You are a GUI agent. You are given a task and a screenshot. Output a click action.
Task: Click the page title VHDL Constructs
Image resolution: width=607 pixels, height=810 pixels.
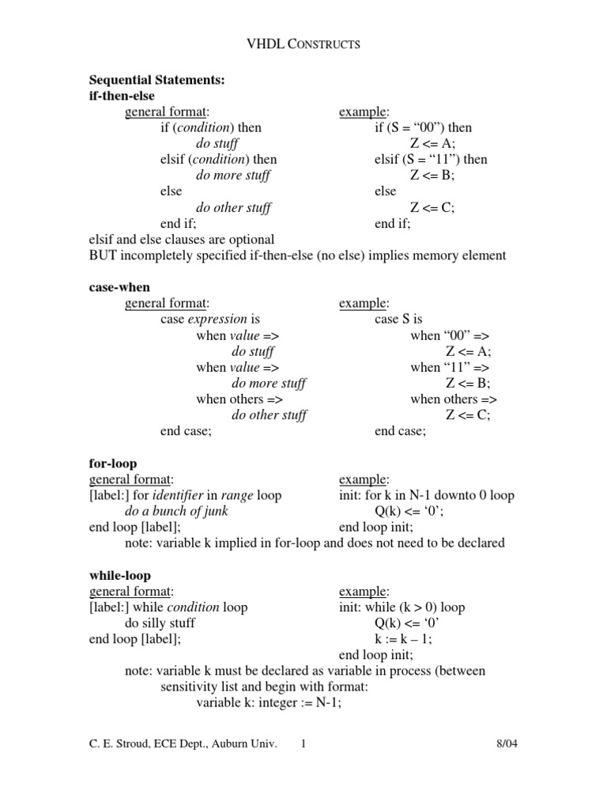tap(304, 44)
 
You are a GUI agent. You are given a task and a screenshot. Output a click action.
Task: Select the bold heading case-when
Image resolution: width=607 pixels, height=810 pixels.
tap(119, 288)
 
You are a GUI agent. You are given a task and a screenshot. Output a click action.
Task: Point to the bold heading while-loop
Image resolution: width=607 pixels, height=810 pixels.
tap(119, 576)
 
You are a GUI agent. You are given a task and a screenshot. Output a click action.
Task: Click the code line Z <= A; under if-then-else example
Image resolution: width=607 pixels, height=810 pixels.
tap(432, 143)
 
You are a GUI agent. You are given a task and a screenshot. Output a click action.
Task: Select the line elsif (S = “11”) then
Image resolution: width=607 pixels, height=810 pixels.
tap(431, 159)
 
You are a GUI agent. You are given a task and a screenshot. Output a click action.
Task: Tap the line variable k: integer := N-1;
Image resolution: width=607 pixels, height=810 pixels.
tap(269, 703)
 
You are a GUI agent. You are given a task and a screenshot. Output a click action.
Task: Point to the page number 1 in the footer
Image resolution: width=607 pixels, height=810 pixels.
tap(303, 744)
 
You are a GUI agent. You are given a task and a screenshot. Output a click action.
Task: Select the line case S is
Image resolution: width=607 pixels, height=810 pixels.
tap(398, 320)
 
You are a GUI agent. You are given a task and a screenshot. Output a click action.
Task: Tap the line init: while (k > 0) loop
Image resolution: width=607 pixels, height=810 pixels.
tap(402, 607)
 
